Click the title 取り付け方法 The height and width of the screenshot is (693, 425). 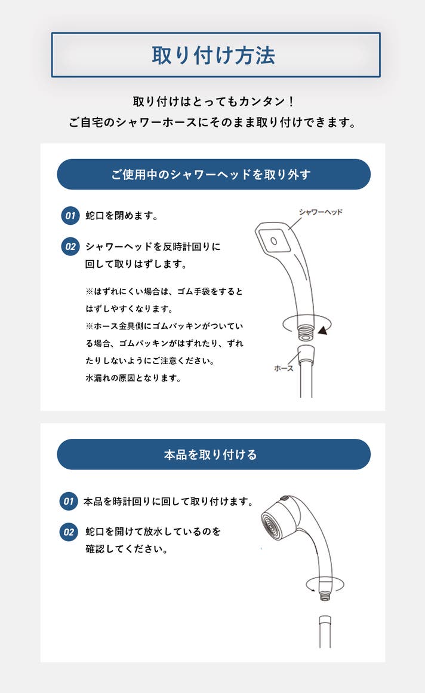pos(214,55)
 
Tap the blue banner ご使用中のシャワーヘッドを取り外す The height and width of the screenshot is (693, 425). pos(214,174)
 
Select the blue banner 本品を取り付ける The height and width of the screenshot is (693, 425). pos(214,454)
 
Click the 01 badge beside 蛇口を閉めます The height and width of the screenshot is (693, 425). pos(70,216)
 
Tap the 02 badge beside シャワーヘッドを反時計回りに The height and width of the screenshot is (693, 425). pos(70,246)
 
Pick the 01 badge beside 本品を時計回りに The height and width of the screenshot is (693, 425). pos(69,501)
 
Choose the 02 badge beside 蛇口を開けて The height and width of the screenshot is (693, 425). pos(69,532)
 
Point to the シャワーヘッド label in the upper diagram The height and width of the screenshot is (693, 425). pos(321,212)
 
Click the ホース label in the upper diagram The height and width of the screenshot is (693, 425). pos(284,368)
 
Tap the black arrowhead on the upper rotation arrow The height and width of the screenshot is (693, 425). pos(323,329)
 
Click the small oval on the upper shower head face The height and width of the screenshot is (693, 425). pos(273,241)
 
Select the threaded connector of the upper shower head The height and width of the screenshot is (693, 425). pos(306,333)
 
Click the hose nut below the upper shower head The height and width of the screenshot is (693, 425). pos(306,356)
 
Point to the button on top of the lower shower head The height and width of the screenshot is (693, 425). pos(285,499)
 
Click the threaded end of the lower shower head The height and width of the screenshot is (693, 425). pos(325,596)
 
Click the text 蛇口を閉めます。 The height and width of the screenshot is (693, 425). pos(122,216)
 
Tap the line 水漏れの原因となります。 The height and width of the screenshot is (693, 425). pos(133,378)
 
